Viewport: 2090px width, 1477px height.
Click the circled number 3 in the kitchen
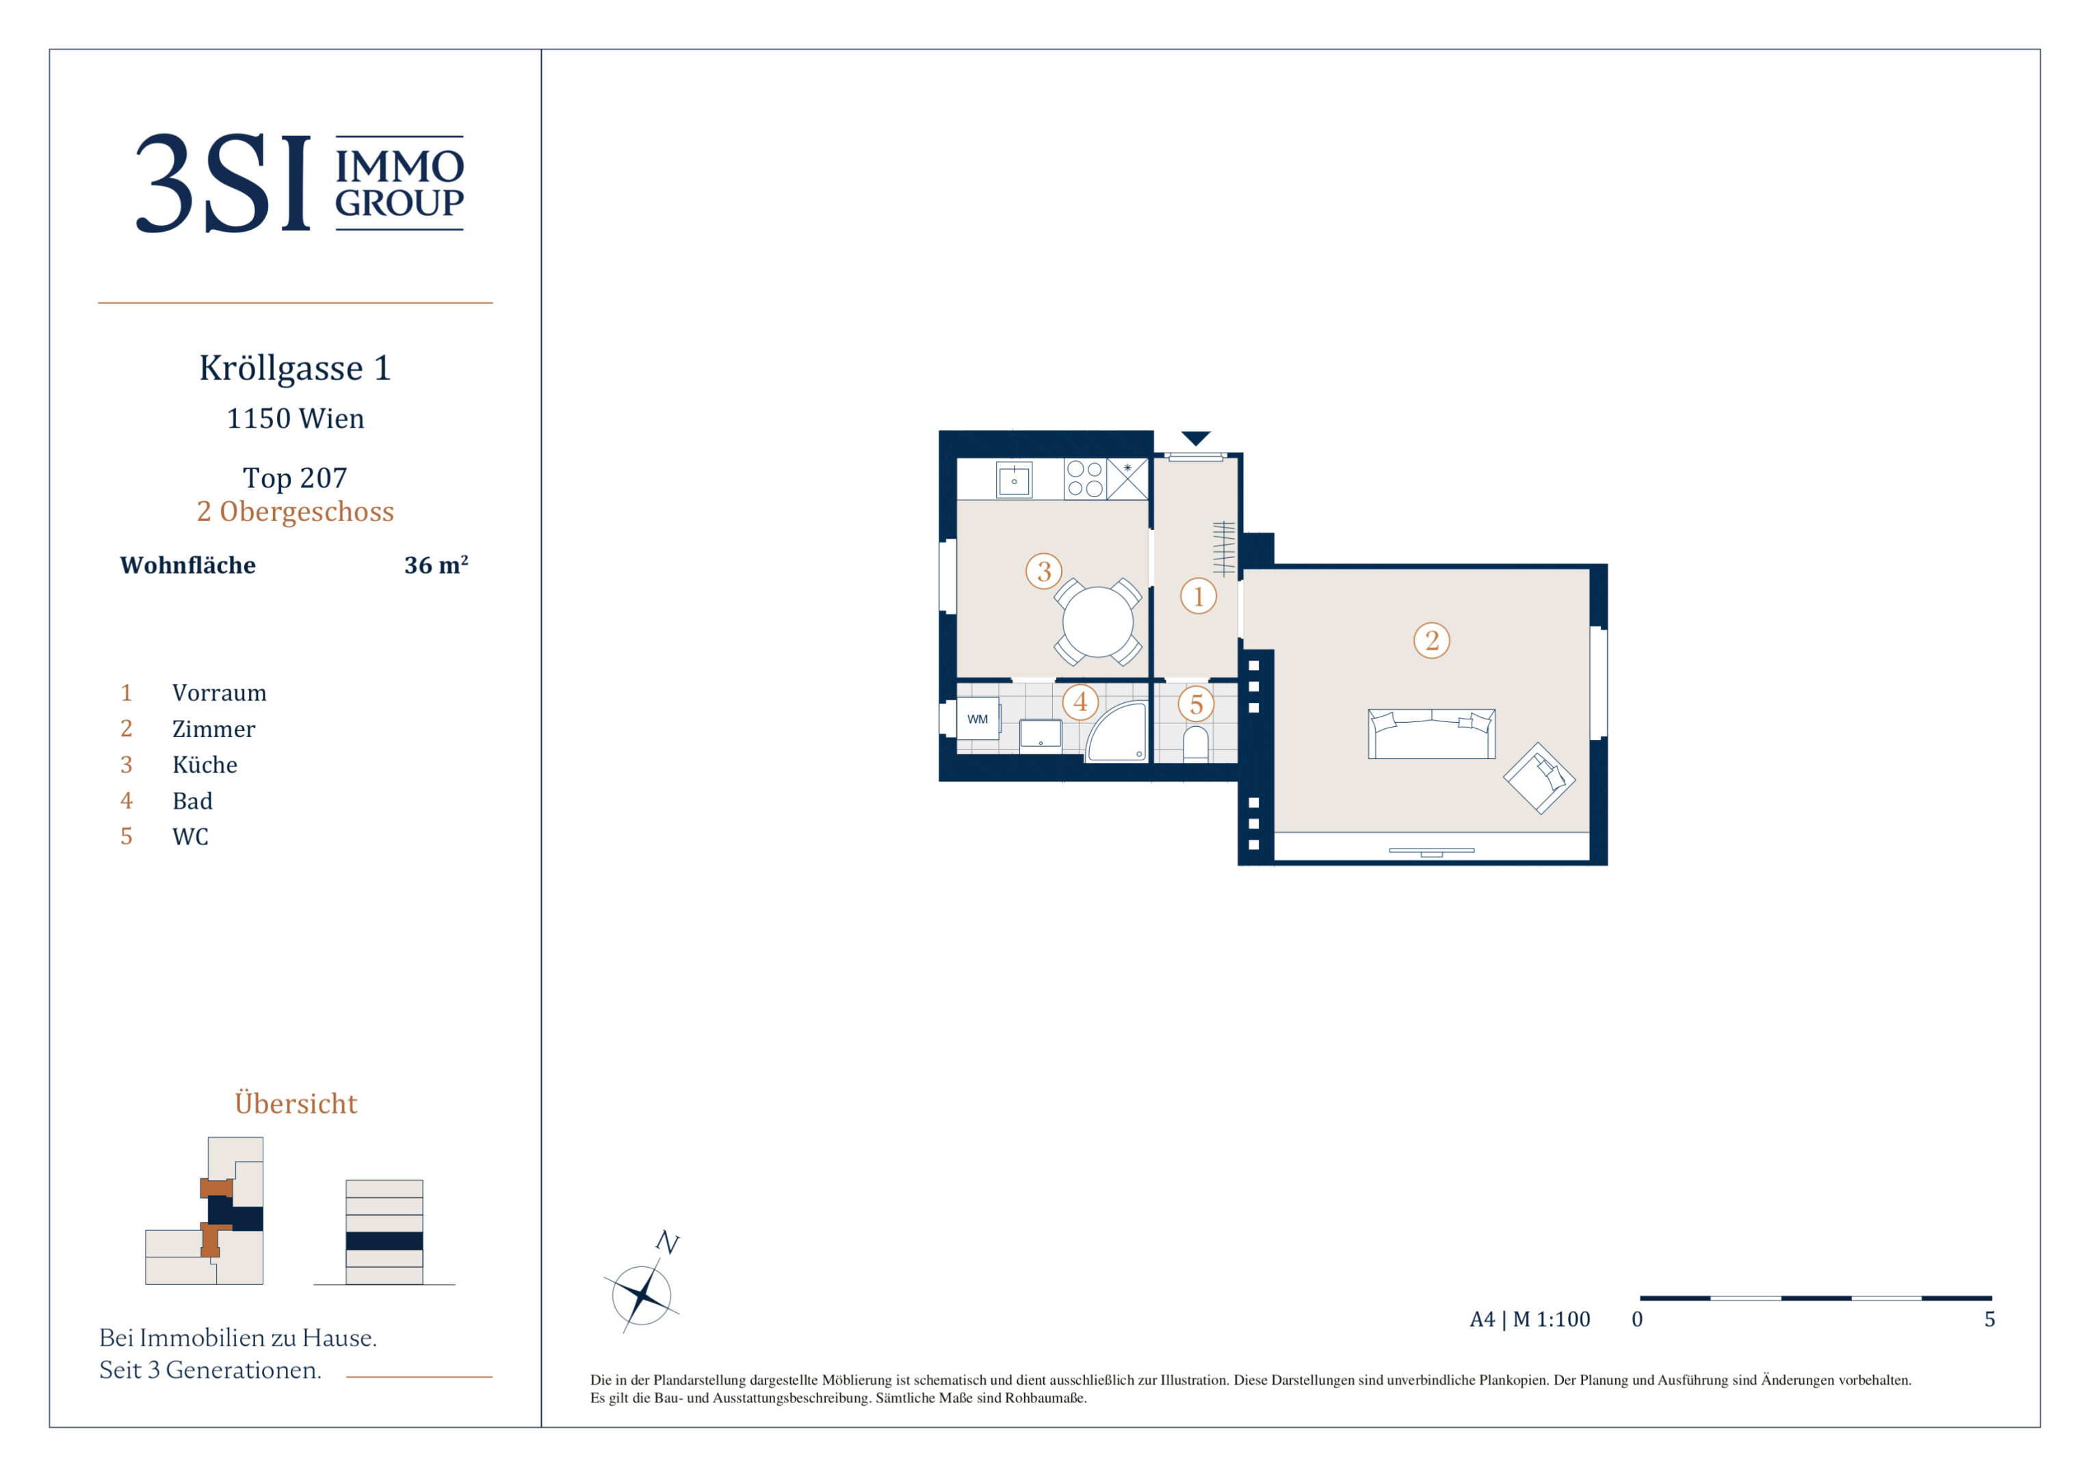1044,572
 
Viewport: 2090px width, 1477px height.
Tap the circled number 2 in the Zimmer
1432,641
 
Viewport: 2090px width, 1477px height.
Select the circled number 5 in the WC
1196,704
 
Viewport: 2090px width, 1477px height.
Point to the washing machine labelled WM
978,719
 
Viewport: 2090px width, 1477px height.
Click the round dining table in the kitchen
1098,622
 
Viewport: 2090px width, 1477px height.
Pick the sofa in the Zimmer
1432,734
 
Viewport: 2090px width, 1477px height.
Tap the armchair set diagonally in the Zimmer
1539,778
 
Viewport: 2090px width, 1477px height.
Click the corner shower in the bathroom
1117,732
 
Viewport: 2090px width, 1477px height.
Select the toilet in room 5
1195,743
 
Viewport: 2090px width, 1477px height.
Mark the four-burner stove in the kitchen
1085,479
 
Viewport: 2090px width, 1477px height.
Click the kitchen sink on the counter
1014,479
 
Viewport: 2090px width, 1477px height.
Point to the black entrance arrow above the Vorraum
1195,438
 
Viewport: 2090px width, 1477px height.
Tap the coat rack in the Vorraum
1225,549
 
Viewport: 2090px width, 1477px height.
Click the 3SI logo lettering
223,183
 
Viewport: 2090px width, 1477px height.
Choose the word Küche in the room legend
205,764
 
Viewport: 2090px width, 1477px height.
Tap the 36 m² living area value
436,565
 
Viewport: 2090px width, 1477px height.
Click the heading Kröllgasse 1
295,369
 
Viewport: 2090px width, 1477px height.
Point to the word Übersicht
296,1102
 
